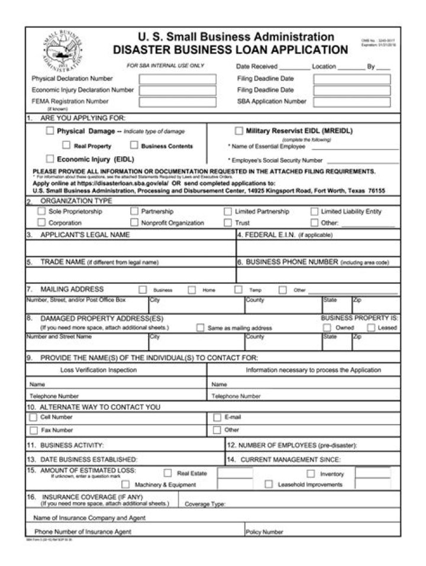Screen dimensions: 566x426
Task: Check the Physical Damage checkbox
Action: pyautogui.click(x=50, y=131)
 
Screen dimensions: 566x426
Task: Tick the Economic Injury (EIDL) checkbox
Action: pyautogui.click(x=50, y=159)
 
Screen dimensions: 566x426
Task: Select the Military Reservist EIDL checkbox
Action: pyautogui.click(x=239, y=131)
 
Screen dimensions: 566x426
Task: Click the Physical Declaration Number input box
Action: pyautogui.click(x=177, y=79)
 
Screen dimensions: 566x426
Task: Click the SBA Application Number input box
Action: pyautogui.click(x=351, y=102)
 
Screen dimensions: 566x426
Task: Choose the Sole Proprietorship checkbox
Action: pyautogui.click(x=41, y=211)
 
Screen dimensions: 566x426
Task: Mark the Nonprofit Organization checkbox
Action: pyautogui.click(x=134, y=222)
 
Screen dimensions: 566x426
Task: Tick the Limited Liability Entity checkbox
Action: pyautogui.click(x=314, y=211)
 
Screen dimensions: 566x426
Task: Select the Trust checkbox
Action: pyautogui.click(x=228, y=222)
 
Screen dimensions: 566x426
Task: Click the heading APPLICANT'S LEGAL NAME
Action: pyautogui.click(x=85, y=235)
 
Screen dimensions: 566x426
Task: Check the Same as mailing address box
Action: pyautogui.click(x=201, y=328)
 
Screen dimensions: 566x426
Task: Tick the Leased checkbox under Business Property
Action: pyautogui.click(x=371, y=328)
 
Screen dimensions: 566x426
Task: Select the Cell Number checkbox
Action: pyautogui.click(x=33, y=418)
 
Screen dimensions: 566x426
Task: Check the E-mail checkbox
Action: pyautogui.click(x=217, y=418)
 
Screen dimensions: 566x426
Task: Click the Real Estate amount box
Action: pyautogui.click(x=234, y=473)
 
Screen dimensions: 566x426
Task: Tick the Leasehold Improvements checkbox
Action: pyautogui.click(x=268, y=484)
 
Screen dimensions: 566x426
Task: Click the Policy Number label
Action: pyautogui.click(x=264, y=532)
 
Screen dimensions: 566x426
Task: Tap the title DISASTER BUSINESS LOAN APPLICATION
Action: pyautogui.click(x=230, y=50)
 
